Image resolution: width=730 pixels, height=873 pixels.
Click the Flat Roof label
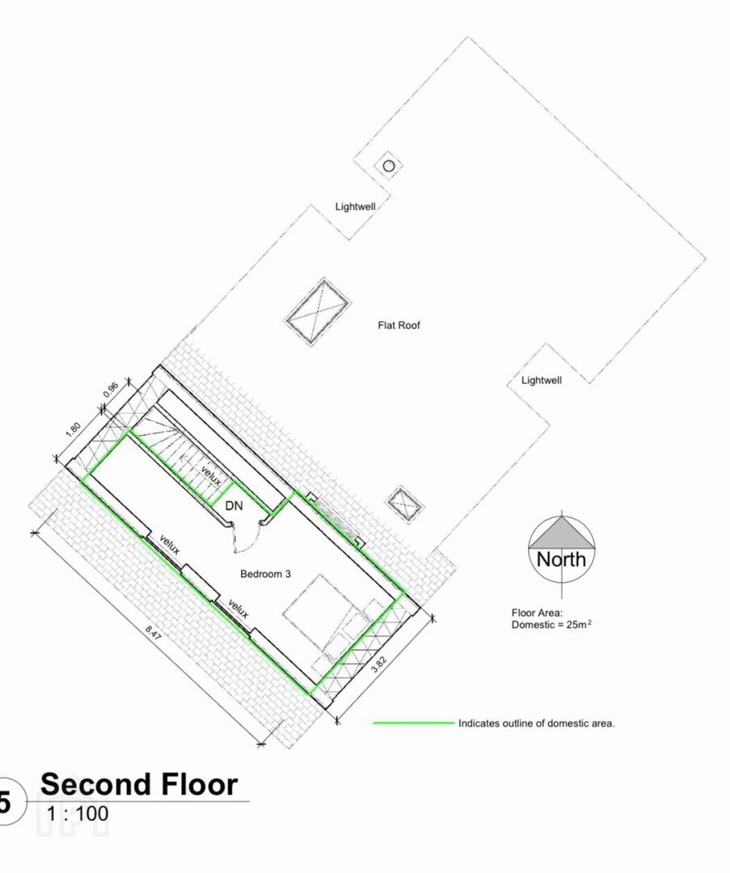click(399, 325)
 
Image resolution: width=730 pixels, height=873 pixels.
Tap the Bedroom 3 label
click(265, 574)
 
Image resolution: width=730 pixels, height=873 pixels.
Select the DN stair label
click(234, 505)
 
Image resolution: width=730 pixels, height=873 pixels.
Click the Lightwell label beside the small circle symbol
click(355, 207)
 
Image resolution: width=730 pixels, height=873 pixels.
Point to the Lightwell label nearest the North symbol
click(542, 380)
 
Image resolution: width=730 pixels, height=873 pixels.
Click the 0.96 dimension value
click(111, 389)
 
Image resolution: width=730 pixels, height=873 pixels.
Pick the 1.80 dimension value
click(73, 430)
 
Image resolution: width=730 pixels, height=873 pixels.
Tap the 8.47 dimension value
click(153, 632)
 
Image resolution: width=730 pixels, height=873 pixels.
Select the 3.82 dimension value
click(378, 664)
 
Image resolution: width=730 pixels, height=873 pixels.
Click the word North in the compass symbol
click(561, 559)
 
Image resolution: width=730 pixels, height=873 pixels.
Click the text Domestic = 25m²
click(551, 625)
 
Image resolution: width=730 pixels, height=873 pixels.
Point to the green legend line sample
click(414, 723)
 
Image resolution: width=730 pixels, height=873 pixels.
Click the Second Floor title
click(139, 784)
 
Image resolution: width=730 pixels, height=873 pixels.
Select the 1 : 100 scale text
click(78, 814)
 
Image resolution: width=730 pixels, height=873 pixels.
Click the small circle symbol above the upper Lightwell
click(389, 166)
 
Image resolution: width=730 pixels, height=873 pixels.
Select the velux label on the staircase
click(211, 476)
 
